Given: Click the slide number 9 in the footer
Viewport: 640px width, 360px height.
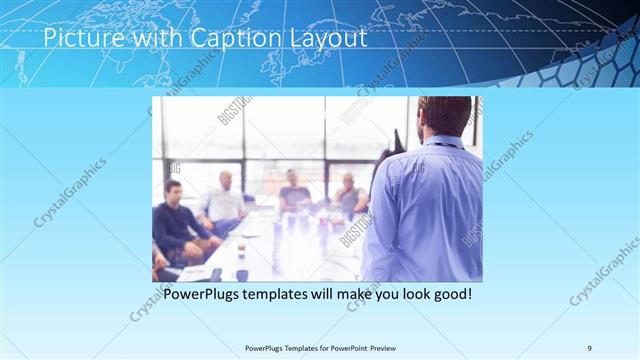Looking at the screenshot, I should click(x=589, y=347).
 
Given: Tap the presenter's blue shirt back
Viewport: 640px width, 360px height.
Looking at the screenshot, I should click(x=425, y=210).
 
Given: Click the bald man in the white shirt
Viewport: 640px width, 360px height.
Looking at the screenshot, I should click(x=225, y=201).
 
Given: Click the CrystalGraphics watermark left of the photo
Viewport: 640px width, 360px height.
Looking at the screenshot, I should click(x=70, y=192).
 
